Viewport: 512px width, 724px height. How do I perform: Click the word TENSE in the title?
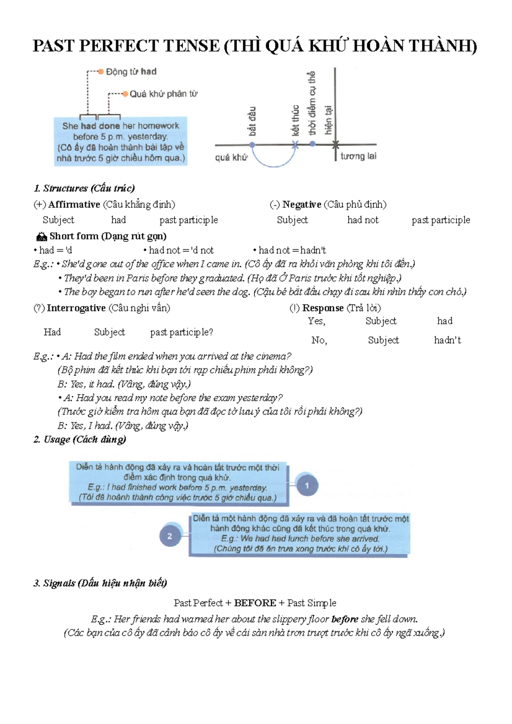point(192,46)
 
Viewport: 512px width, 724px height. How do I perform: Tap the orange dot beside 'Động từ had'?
point(101,72)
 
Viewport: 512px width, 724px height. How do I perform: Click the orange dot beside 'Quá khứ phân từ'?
point(125,94)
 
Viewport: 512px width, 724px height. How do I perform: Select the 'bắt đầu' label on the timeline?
point(252,122)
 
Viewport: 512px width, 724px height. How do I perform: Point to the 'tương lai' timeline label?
point(358,156)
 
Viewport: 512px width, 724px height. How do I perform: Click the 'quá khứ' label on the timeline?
point(231,157)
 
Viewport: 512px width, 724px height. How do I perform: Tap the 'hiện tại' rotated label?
point(328,120)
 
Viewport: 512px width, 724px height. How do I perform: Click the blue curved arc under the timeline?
point(273,164)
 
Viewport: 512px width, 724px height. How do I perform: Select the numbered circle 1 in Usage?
point(307,485)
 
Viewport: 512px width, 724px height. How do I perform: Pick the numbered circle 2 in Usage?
point(170,536)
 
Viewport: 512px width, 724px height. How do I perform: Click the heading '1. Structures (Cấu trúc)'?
point(84,188)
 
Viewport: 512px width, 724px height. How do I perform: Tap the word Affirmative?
point(74,204)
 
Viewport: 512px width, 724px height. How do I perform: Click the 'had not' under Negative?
point(363,220)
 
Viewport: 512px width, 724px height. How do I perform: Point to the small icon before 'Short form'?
point(41,236)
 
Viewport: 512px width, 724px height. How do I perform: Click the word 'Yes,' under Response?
point(317,321)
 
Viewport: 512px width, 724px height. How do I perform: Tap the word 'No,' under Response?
point(319,340)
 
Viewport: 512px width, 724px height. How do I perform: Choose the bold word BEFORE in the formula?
point(255,603)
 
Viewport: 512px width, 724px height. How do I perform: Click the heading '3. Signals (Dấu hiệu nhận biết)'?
point(100,583)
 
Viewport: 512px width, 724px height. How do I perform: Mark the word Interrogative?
point(76,308)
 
